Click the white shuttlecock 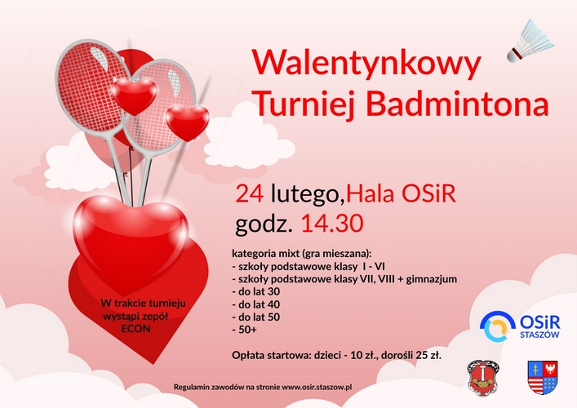[x=530, y=41]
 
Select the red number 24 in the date [x=250, y=194]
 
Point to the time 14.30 [x=332, y=223]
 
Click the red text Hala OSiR [x=401, y=194]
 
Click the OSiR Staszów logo [x=520, y=326]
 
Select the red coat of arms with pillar [x=483, y=378]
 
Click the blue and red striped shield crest [x=543, y=377]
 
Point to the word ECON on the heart [x=135, y=329]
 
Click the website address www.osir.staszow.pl [x=317, y=387]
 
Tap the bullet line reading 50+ [x=244, y=330]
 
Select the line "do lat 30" [x=256, y=292]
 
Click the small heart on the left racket [x=134, y=95]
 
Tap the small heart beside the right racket [x=187, y=123]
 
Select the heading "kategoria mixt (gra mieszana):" [x=302, y=254]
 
